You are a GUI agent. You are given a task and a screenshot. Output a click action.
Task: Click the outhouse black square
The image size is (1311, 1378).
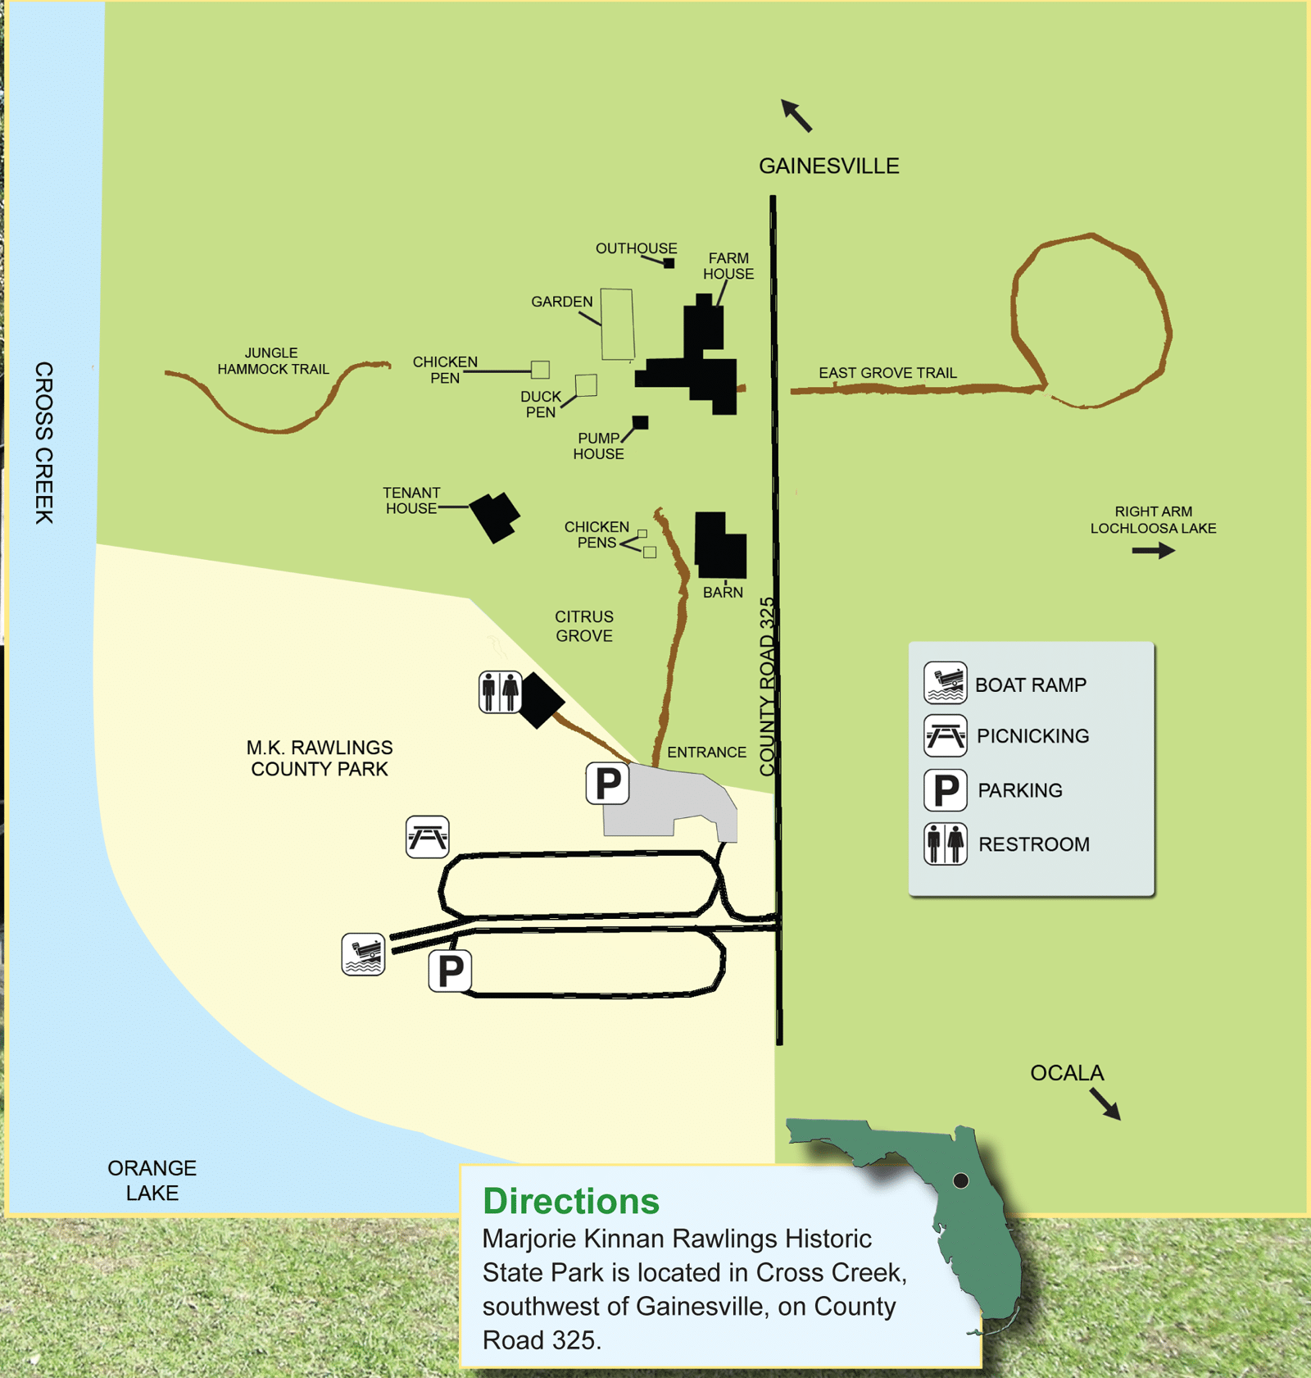[669, 263]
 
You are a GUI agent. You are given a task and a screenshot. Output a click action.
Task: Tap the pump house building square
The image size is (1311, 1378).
[640, 423]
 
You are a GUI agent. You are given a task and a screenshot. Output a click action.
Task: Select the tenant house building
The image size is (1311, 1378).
[494, 516]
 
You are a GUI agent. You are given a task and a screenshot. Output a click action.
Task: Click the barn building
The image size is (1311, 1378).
[719, 544]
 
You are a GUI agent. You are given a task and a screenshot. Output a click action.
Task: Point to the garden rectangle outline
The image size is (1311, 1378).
[617, 325]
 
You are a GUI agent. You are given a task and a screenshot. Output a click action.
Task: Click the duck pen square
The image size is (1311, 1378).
[586, 385]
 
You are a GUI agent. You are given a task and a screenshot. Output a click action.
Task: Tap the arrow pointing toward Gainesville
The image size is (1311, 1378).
[796, 115]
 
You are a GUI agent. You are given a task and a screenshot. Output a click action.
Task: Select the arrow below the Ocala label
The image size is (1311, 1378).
[1105, 1103]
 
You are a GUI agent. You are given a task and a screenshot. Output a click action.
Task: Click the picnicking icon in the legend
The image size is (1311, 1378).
[945, 735]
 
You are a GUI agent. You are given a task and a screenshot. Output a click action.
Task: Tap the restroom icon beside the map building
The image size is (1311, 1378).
[500, 692]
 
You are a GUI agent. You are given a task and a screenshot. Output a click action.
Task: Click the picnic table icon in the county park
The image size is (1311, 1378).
[427, 837]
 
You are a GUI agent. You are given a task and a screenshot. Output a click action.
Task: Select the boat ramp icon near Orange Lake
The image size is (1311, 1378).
[363, 954]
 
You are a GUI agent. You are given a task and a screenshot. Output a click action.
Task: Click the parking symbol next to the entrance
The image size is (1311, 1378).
[607, 784]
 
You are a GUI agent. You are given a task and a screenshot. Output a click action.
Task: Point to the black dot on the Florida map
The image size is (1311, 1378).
[961, 1180]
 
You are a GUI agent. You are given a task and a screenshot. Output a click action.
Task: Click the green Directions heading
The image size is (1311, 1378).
[571, 1201]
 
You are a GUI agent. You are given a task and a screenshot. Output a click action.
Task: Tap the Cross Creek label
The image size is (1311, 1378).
[43, 443]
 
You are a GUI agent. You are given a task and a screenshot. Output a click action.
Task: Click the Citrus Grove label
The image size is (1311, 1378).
[583, 625]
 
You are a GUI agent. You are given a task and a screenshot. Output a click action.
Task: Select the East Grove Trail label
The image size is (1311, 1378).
[887, 373]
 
